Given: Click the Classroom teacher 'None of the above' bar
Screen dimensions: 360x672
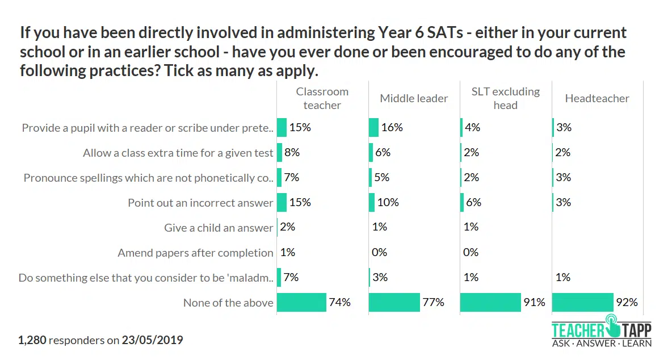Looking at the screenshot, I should click(301, 303).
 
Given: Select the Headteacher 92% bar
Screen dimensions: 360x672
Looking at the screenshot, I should click(582, 303).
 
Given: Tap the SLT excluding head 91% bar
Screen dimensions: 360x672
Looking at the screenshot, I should click(490, 303).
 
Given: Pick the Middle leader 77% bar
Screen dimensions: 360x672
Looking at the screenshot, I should click(394, 303).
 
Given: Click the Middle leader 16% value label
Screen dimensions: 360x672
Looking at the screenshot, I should click(392, 127).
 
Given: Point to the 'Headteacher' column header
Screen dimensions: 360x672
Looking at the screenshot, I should click(597, 98).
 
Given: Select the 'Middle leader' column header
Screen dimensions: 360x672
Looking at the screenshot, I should click(414, 98).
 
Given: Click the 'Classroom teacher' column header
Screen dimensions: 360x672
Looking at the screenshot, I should click(322, 98).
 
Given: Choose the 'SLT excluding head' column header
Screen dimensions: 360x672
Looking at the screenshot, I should click(505, 98).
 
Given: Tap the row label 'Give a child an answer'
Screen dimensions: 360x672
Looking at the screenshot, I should click(219, 228).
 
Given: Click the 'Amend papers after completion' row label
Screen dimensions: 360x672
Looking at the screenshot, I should click(195, 253).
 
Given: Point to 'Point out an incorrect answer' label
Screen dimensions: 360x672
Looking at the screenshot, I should click(200, 203).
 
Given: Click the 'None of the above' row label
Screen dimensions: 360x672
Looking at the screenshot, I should click(228, 303).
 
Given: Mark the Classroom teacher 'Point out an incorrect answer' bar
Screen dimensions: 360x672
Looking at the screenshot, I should click(282, 202).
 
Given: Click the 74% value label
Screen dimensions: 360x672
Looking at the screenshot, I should click(339, 303).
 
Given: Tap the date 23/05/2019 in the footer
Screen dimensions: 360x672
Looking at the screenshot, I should click(152, 341).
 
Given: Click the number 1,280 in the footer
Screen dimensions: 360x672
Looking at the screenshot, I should click(32, 341).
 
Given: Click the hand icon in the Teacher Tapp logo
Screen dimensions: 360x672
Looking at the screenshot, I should click(612, 326).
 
